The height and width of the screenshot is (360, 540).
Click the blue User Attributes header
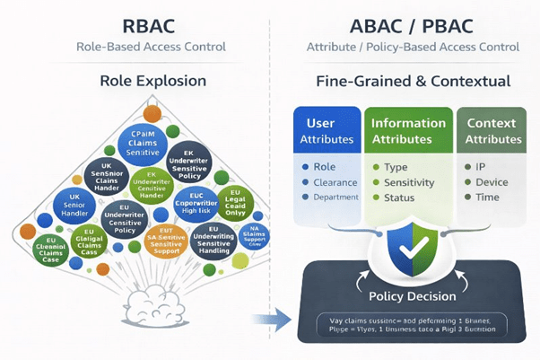[x=326, y=130]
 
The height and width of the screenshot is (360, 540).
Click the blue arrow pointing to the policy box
[x=269, y=317]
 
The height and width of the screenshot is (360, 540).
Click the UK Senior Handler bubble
[x=74, y=206]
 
